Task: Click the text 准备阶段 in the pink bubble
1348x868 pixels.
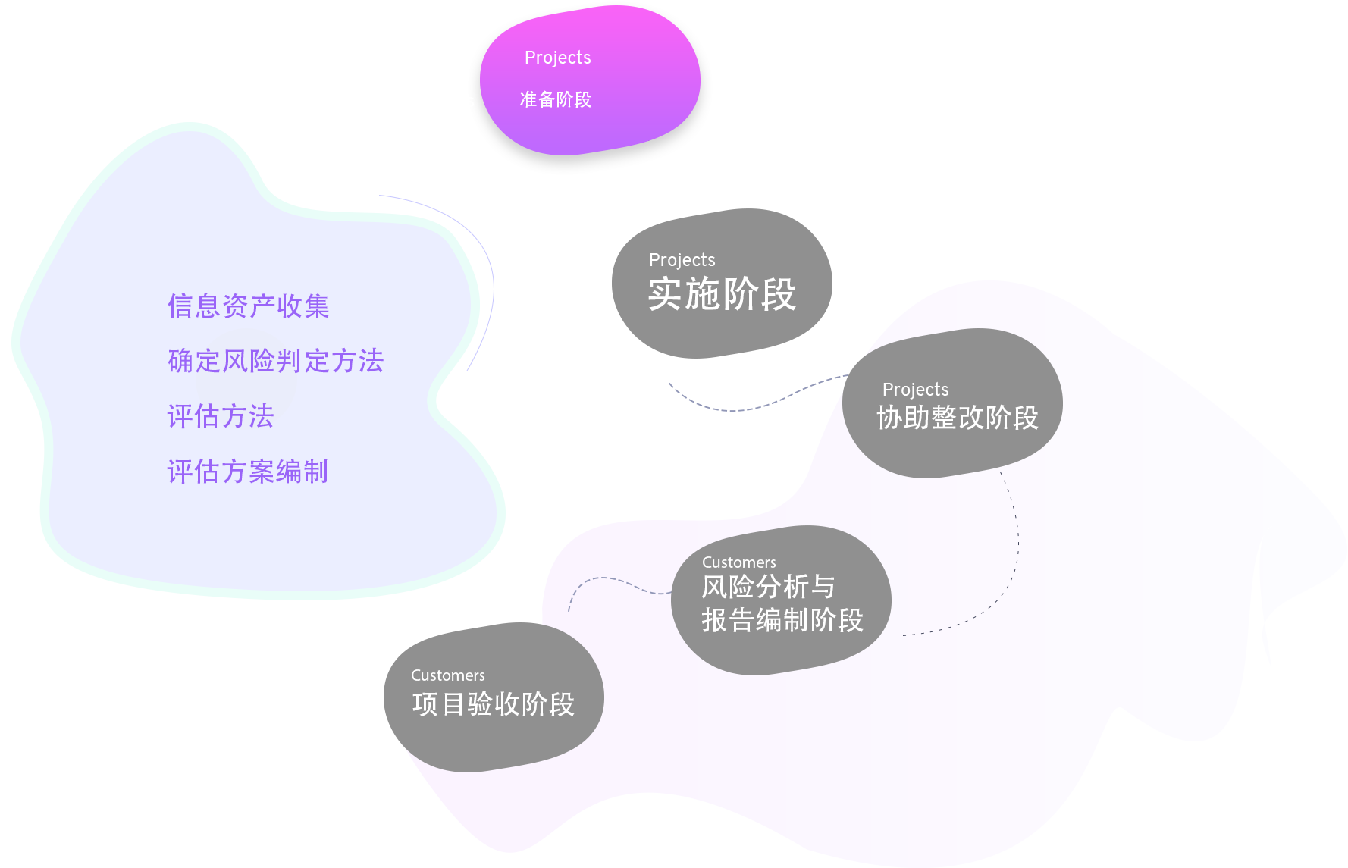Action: pos(555,99)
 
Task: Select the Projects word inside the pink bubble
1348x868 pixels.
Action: pos(557,58)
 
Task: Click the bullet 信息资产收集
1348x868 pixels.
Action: pos(248,306)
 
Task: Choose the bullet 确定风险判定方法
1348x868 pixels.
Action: pos(275,361)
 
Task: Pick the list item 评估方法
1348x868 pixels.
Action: pos(220,416)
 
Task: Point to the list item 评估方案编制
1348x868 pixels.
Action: pos(247,472)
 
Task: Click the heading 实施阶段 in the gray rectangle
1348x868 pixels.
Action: pos(721,294)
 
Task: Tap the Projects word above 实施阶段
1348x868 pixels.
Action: pos(682,260)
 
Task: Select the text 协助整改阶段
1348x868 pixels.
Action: pos(957,418)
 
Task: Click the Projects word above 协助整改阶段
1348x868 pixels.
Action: pos(915,390)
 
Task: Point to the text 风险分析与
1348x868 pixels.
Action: pos(768,587)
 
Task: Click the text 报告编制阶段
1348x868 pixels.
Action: pos(782,620)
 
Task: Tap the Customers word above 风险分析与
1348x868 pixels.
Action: pos(738,562)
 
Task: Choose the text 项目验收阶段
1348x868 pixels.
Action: pos(493,704)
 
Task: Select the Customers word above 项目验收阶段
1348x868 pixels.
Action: pos(447,675)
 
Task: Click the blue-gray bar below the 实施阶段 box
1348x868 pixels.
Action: pos(758,392)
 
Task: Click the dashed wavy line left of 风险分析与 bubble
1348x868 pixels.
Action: pos(614,582)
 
